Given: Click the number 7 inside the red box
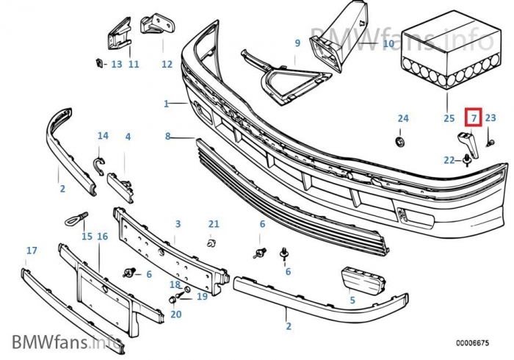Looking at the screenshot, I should [474, 118].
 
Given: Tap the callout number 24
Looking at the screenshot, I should [403, 118].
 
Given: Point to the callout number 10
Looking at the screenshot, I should [388, 44].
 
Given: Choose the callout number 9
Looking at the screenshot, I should [297, 43].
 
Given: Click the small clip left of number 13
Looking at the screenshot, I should [98, 62].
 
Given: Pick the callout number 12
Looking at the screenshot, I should [167, 64].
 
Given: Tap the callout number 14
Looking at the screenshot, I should [103, 136].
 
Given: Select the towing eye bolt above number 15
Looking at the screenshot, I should [76, 216].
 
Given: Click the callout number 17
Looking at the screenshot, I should [31, 251].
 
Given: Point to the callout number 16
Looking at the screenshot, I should [102, 236].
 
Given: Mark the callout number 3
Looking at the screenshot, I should [177, 224].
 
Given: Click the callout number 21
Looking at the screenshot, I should [214, 223].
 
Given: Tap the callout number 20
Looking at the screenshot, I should [175, 314].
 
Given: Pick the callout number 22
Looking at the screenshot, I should [449, 159].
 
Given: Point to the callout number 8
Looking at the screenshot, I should [167, 136].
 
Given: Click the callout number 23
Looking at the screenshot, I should [491, 118].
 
